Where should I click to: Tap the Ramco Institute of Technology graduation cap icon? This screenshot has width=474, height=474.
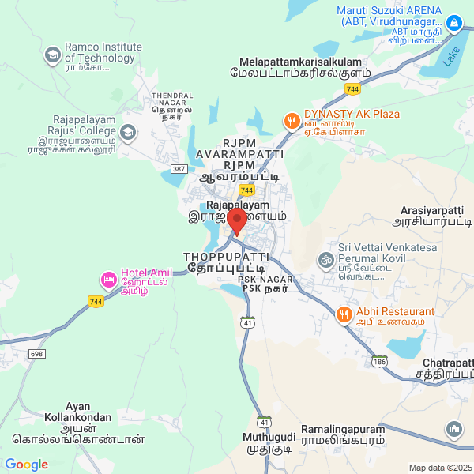coord(53,55)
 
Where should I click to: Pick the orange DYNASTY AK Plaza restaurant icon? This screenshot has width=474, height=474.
coord(291,122)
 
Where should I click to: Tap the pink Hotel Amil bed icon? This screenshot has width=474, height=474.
coord(108,280)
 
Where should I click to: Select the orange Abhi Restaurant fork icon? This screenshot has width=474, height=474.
coord(344,314)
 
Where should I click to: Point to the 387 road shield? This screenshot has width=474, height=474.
coord(179,169)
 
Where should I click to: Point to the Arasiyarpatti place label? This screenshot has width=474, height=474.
coord(431,216)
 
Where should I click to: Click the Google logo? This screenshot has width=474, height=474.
coord(26,465)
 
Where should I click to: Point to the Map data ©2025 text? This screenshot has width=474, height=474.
coord(439,468)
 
